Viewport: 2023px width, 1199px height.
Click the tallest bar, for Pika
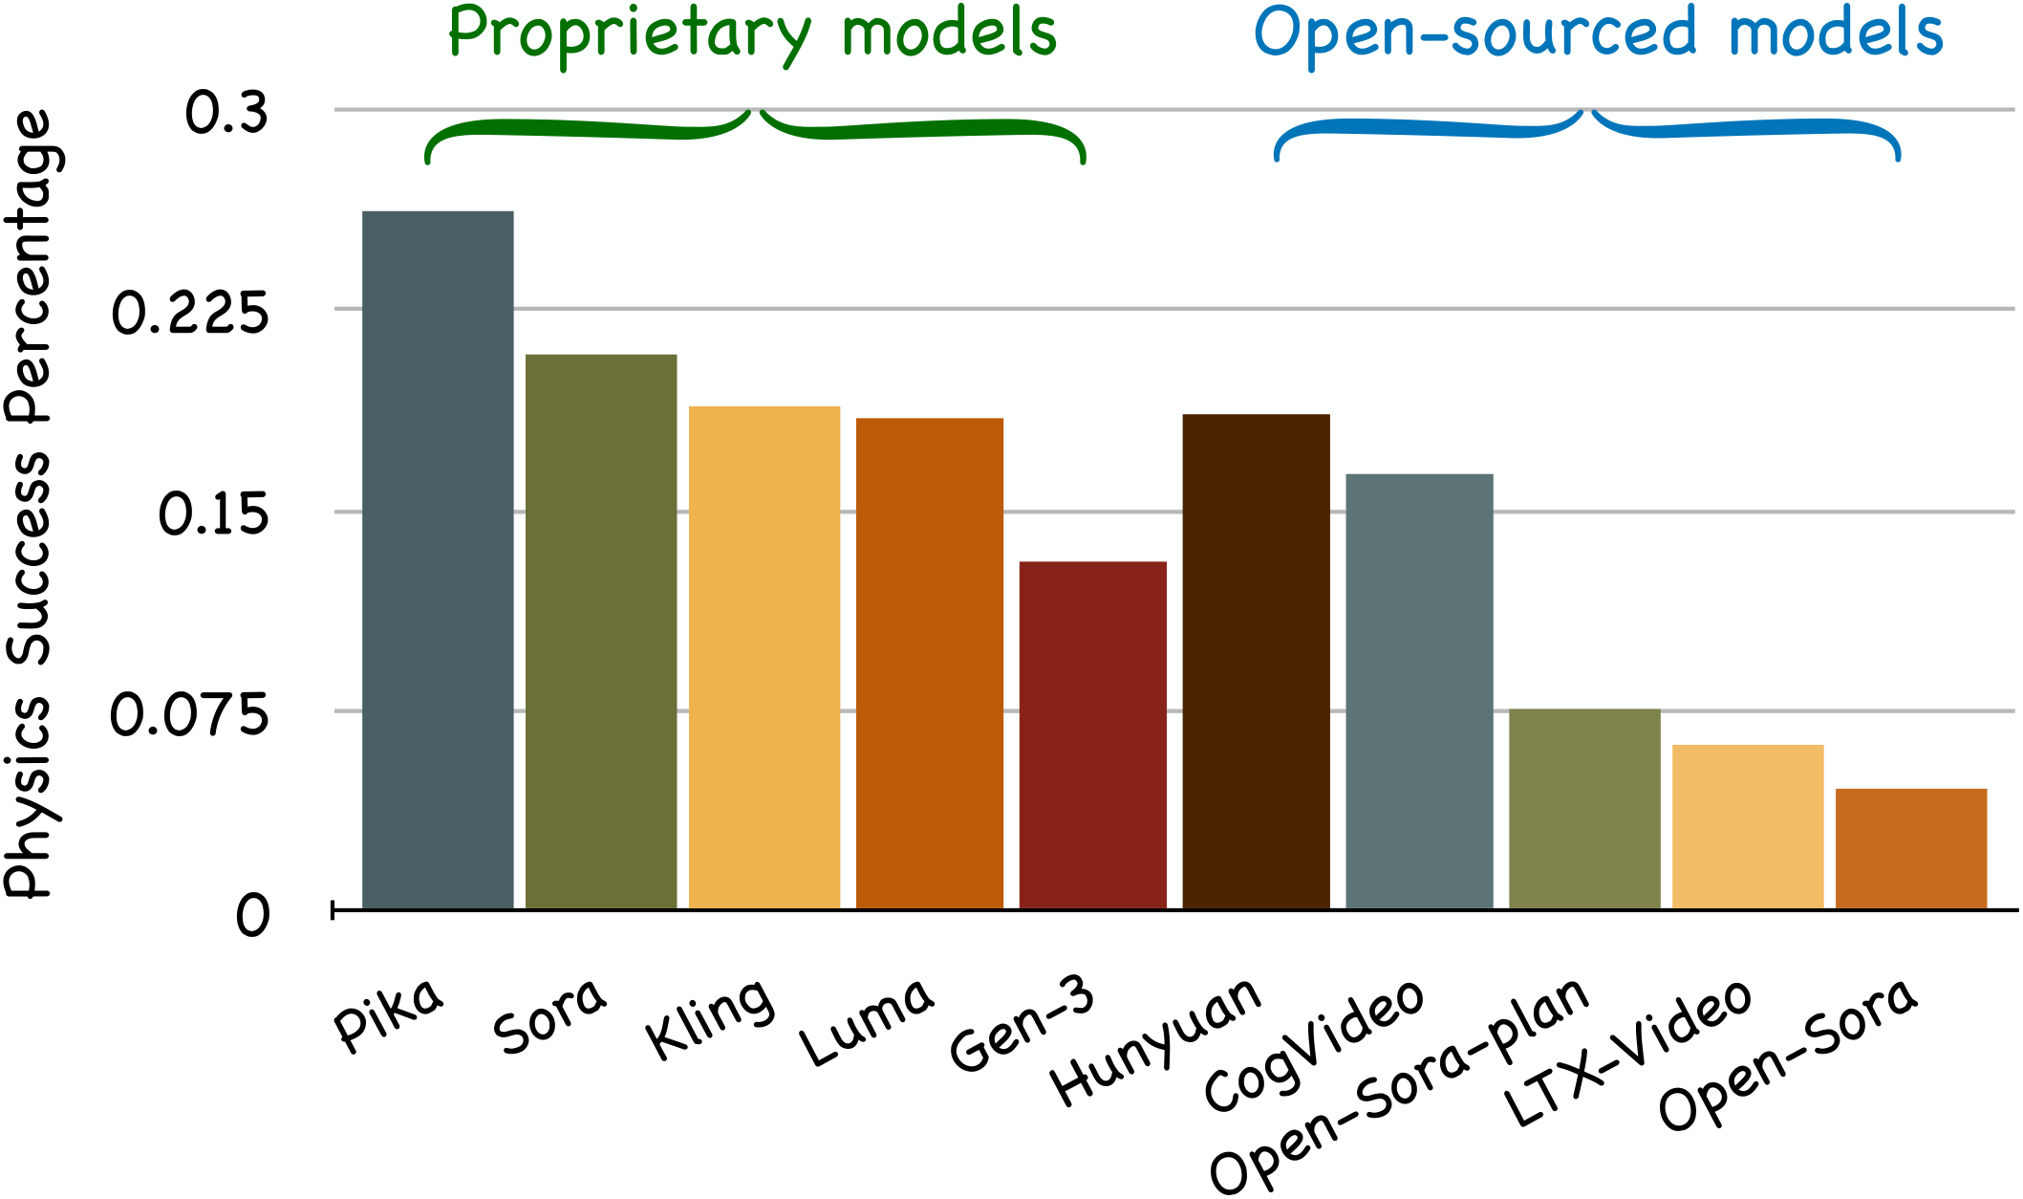click(x=438, y=559)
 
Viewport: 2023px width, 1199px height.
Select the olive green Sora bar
click(x=601, y=631)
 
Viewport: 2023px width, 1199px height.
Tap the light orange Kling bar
click(x=764, y=657)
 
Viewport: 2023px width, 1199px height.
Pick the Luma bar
click(x=929, y=663)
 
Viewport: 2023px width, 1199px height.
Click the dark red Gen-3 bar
click(x=1092, y=734)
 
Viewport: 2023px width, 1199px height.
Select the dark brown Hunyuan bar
click(x=1256, y=661)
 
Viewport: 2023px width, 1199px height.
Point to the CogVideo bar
click(x=1419, y=690)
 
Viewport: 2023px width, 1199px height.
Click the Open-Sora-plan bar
click(x=1584, y=808)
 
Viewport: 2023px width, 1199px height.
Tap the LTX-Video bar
click(x=1748, y=826)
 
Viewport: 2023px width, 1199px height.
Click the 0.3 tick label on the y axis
click(x=226, y=113)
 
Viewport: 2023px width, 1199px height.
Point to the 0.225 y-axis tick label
click(x=190, y=313)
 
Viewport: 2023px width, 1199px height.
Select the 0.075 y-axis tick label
click(x=190, y=714)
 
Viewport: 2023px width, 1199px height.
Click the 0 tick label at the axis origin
click(x=253, y=916)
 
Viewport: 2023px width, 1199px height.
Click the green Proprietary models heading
click(x=752, y=34)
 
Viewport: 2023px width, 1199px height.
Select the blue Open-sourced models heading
click(x=1598, y=34)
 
